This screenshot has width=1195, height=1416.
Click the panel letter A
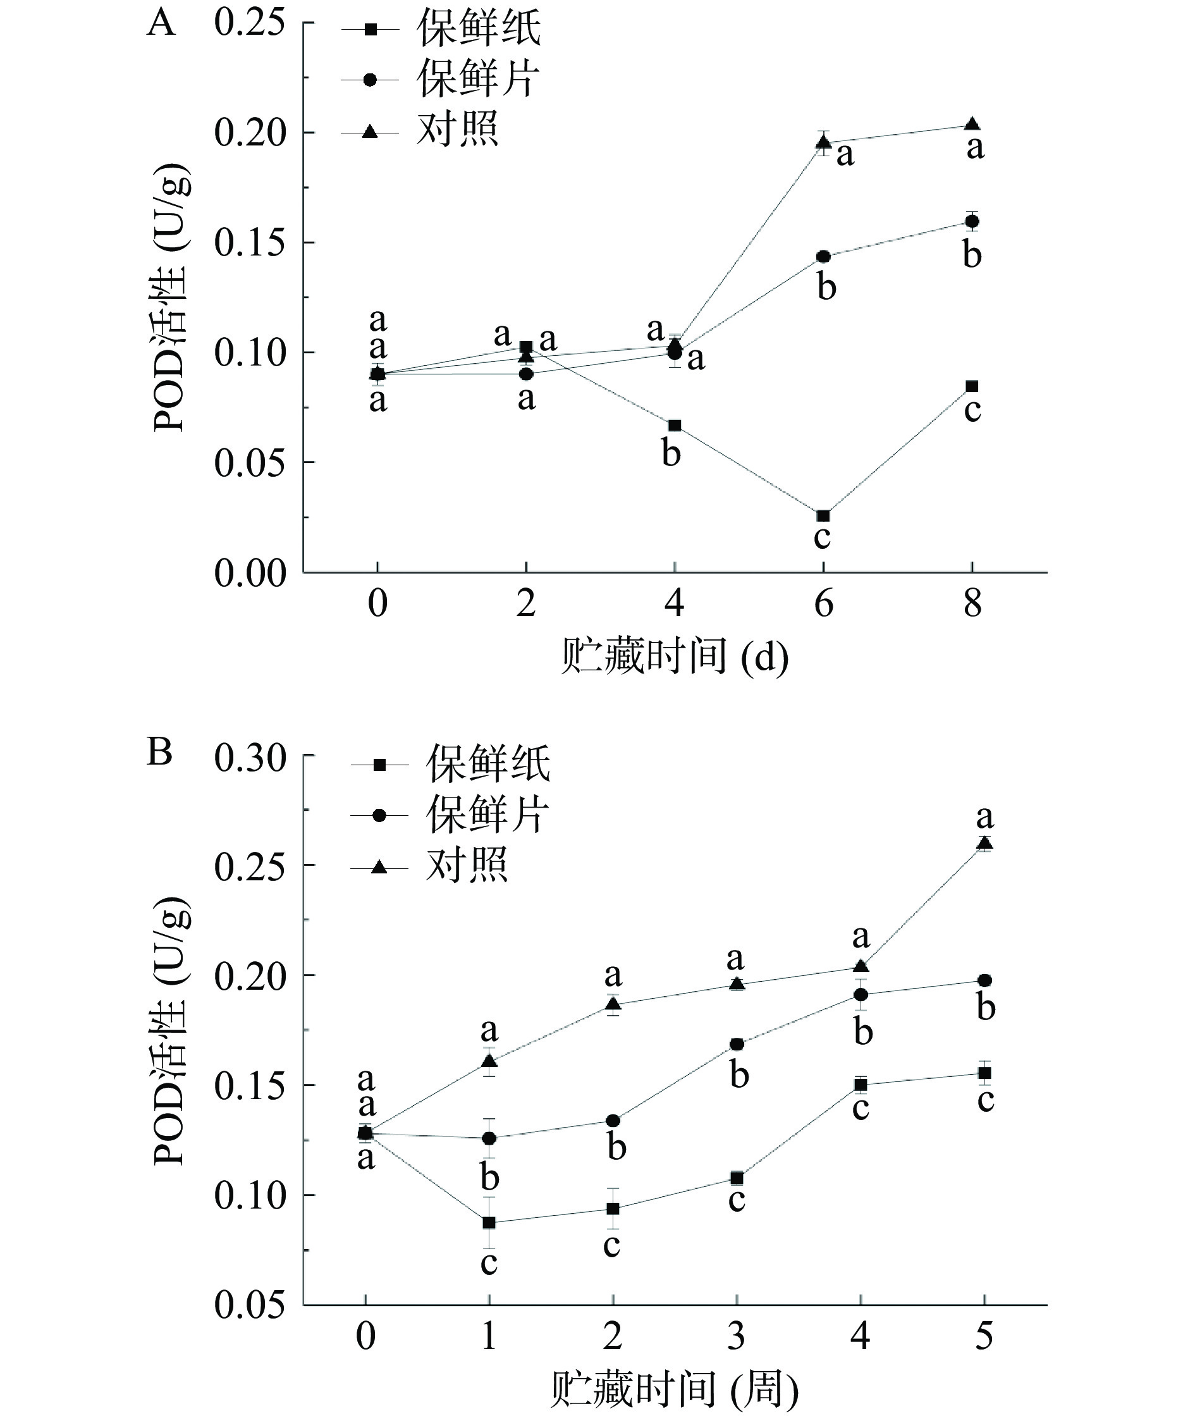coord(161,25)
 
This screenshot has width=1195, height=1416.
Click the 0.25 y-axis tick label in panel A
coord(249,23)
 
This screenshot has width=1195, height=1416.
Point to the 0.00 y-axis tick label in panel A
coord(249,573)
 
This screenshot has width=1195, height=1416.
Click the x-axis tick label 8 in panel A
coord(972,603)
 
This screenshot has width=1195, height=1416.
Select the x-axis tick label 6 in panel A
coord(823,603)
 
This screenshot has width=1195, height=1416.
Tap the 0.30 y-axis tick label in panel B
coord(249,758)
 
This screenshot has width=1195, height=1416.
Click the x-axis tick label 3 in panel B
coord(737,1336)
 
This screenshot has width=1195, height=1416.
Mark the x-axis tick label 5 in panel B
coord(984,1336)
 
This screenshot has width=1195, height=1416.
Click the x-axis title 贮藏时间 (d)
coord(675,657)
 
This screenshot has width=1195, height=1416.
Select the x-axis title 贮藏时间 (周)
coord(675,1389)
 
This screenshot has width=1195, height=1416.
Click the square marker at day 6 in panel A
coord(823,516)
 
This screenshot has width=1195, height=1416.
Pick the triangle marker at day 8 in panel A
coord(972,124)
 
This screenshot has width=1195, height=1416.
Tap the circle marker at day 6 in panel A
coord(823,257)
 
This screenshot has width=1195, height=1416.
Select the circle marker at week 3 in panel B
coord(737,1044)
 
